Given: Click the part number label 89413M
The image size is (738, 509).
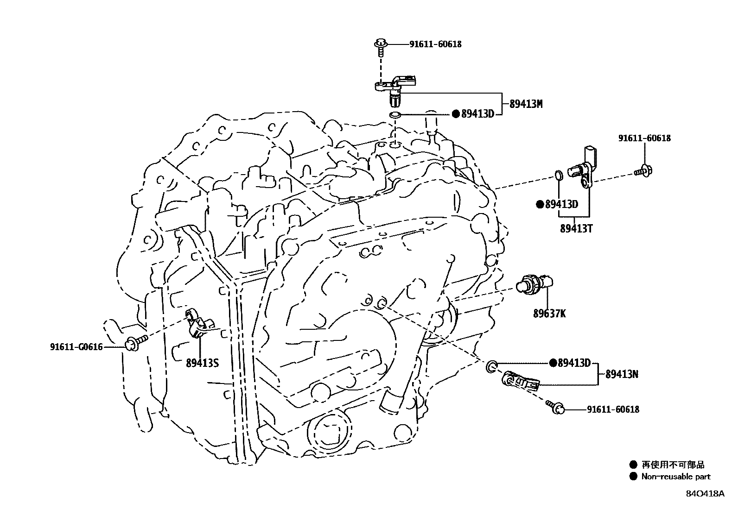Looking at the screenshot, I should pos(526,104).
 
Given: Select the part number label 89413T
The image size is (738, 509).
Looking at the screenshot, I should pos(576,228).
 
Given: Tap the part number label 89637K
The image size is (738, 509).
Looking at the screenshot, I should pos(549,314).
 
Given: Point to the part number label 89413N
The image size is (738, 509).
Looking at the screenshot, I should pos(622,374).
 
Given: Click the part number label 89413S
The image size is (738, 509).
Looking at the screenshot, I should pos(202,363).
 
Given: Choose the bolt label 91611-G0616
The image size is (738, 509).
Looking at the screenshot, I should pos(76,347).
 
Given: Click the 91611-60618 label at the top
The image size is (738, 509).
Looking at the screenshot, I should pos(435,44).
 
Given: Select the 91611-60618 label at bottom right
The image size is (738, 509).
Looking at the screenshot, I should pos(613,409).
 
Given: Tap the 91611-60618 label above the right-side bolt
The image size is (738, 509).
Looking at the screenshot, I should pos(644,138).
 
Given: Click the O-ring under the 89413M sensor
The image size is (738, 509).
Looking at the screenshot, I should pos(394,115).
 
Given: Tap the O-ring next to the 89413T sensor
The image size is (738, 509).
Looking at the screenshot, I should pos(559,176).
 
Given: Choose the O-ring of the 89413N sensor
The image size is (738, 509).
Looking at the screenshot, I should pos(492,367).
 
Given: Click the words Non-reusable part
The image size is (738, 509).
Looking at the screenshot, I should pos(675,477).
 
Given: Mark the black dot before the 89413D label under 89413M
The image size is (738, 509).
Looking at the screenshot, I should pos(455,114).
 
